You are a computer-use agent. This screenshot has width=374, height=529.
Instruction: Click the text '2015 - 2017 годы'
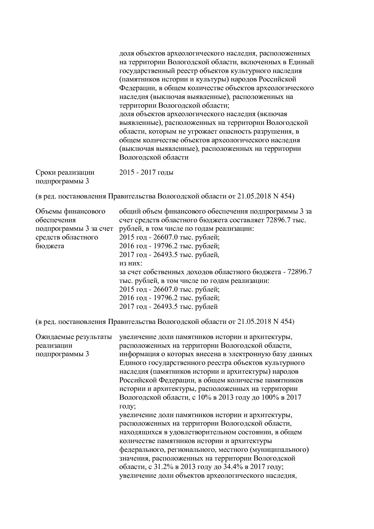point(146,173)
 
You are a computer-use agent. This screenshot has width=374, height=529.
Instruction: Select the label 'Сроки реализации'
point(65,173)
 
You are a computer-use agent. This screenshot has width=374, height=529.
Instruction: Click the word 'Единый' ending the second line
point(301,62)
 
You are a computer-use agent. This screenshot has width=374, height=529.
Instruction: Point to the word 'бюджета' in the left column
point(50,246)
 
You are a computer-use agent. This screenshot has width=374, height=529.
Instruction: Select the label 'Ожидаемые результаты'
point(74,337)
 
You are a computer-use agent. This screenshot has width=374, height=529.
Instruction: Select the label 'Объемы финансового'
point(70,211)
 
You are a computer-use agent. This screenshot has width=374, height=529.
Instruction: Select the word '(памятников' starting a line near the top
point(137,80)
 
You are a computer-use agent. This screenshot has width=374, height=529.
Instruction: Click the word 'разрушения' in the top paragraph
point(274,132)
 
